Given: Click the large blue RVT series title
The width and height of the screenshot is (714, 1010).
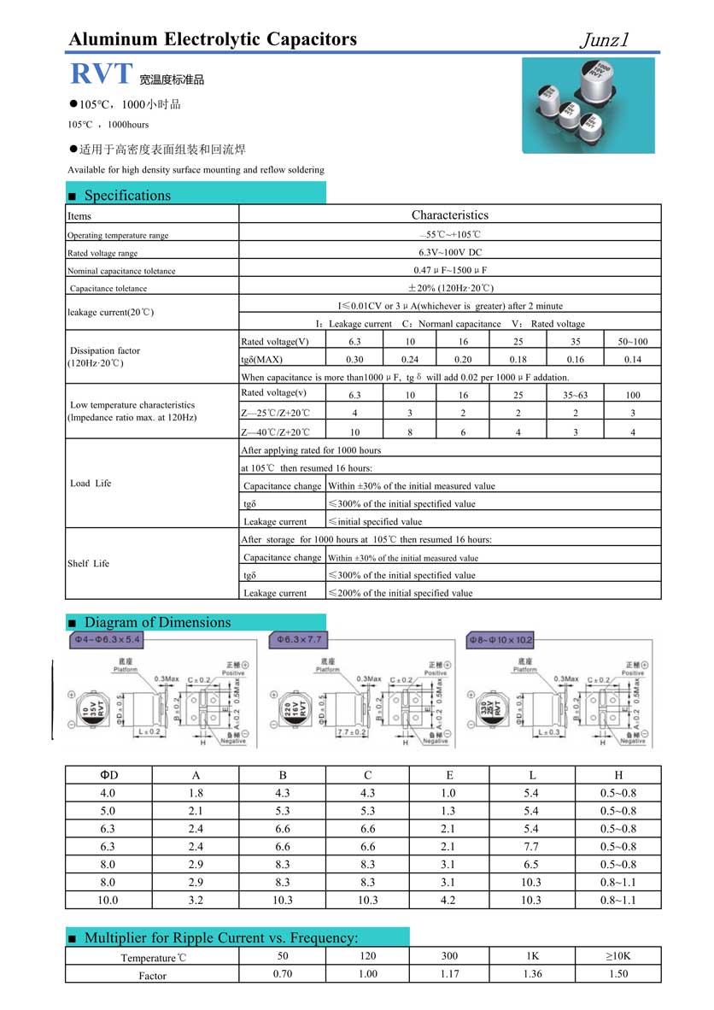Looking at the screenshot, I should pyautogui.click(x=100, y=74).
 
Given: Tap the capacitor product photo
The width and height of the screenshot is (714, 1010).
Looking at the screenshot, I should pyautogui.click(x=588, y=104).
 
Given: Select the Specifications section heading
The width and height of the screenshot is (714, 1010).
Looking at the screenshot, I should pyautogui.click(x=127, y=195).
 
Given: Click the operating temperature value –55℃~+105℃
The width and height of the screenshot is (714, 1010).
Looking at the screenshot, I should pyautogui.click(x=450, y=235).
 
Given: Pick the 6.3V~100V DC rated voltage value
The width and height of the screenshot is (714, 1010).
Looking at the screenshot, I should pyautogui.click(x=450, y=253).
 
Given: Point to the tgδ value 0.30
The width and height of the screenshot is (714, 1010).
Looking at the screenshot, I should pyautogui.click(x=354, y=360).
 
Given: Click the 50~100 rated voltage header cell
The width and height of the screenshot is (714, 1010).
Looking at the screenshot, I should pyautogui.click(x=632, y=342).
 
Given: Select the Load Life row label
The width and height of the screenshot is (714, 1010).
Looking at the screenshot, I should pyautogui.click(x=91, y=484).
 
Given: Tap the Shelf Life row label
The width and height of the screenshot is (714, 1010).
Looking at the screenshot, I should pyautogui.click(x=89, y=564).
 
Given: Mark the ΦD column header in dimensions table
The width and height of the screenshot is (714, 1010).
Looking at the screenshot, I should pyautogui.click(x=108, y=775).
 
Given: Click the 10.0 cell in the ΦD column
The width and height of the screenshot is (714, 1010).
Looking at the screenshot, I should pyautogui.click(x=108, y=900).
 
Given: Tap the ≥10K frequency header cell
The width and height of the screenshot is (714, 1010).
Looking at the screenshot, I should pyautogui.click(x=618, y=956).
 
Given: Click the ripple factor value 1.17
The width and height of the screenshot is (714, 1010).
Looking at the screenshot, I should pyautogui.click(x=449, y=974).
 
